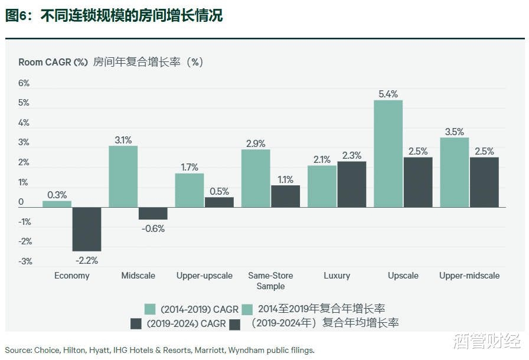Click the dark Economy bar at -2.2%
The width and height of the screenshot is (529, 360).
pyautogui.click(x=87, y=229)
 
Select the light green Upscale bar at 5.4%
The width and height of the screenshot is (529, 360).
pyautogui.click(x=388, y=153)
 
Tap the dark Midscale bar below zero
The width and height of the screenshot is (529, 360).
pyautogui.click(x=153, y=214)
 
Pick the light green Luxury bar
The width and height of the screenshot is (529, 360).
pyautogui.click(x=322, y=186)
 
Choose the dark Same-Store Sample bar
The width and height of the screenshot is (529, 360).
pyautogui.click(x=285, y=196)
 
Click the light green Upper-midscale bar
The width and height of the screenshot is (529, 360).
pyautogui.click(x=455, y=172)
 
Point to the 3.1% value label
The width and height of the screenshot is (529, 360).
pyautogui.click(x=123, y=140)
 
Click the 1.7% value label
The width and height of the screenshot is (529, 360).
pyautogui.click(x=190, y=167)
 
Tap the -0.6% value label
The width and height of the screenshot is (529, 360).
pyautogui.click(x=153, y=228)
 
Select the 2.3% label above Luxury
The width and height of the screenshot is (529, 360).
pyautogui.click(x=351, y=155)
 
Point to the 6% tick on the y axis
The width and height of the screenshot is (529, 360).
pyautogui.click(x=24, y=83)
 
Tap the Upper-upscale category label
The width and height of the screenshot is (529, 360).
pyautogui.click(x=204, y=276)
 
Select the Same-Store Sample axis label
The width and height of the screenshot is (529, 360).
pyautogui.click(x=270, y=281)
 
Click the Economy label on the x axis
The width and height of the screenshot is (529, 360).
pyautogui.click(x=72, y=276)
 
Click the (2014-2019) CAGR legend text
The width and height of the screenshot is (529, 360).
pyautogui.click(x=192, y=309)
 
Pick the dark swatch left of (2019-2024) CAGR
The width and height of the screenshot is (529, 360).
pyautogui.click(x=135, y=323)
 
